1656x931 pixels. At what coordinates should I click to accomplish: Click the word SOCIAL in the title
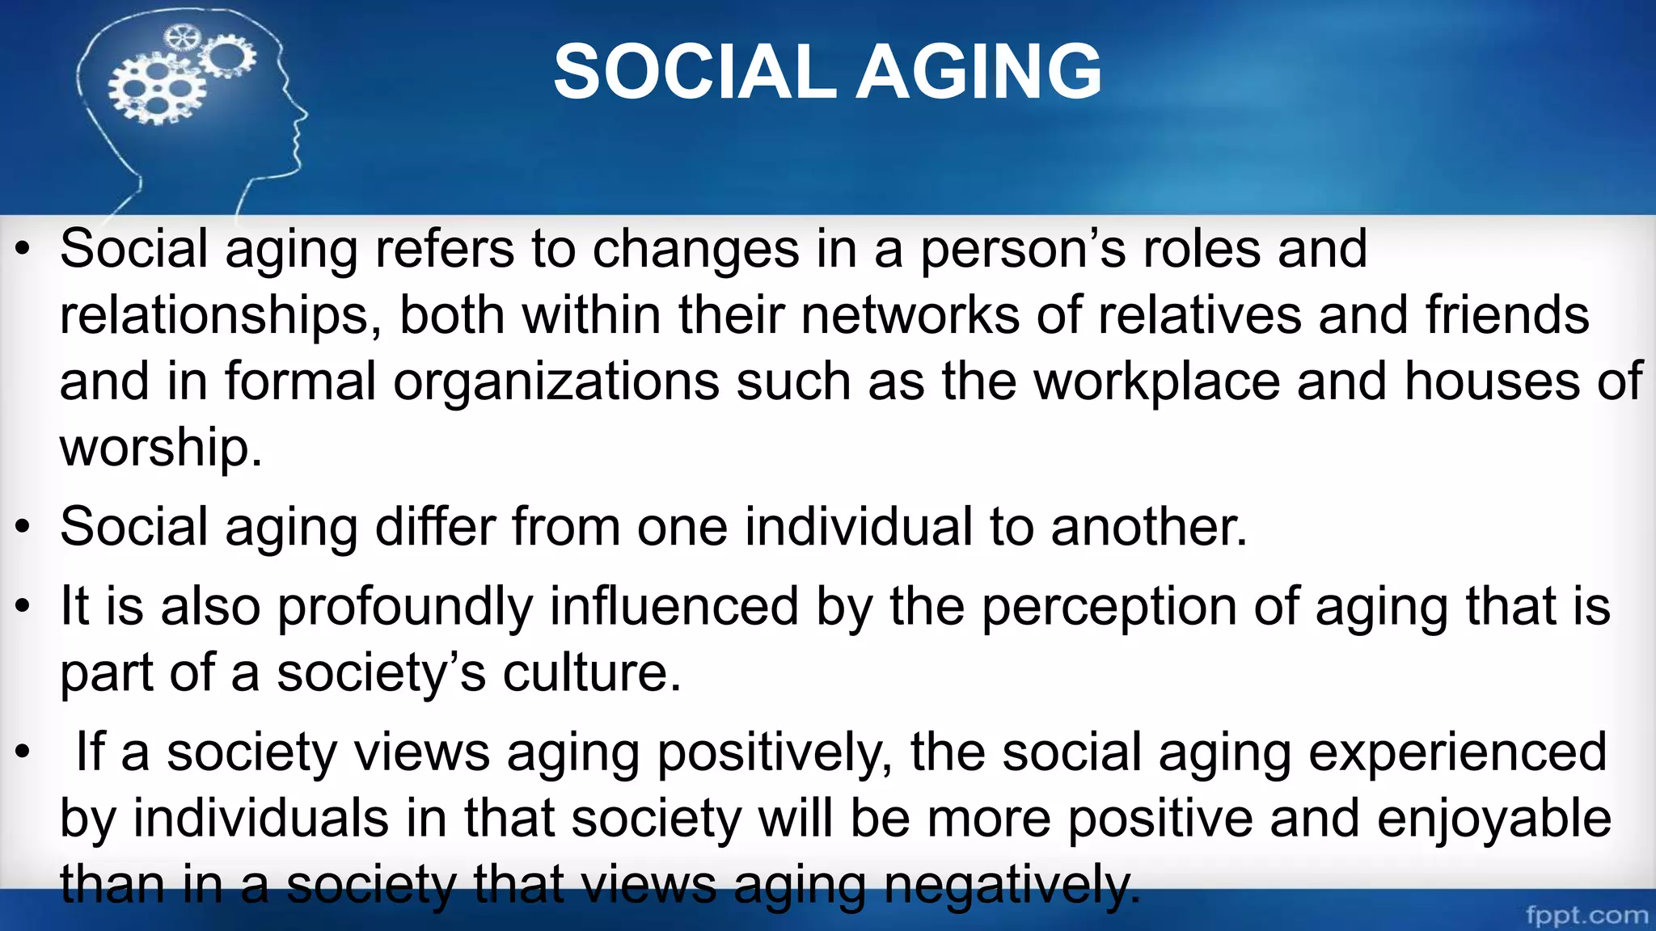[x=694, y=73]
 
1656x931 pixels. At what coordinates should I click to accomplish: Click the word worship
[x=160, y=448]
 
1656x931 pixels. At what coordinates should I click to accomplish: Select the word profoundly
[x=404, y=607]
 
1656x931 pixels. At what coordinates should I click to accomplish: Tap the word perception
[x=1109, y=607]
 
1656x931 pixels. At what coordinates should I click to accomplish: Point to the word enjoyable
[x=1493, y=819]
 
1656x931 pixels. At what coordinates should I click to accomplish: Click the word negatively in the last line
[x=1012, y=885]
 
